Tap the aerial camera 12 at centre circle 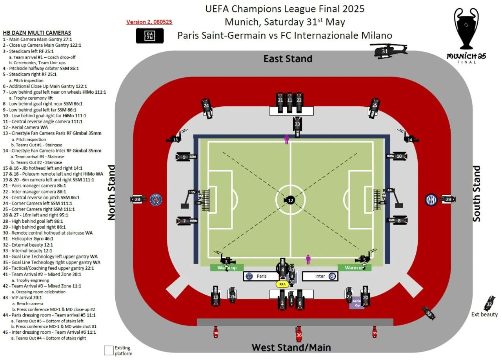point(291,200)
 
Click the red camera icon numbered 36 point(299,334)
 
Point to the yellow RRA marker point(282,284)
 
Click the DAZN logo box point(150,36)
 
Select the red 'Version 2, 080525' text point(149,22)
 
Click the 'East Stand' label point(288,59)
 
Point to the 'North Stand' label point(112,192)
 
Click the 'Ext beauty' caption point(484,314)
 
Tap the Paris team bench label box point(261,276)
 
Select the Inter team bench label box point(320,276)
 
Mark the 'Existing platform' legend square point(109,350)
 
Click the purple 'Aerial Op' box point(357,302)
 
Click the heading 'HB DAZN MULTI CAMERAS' point(37,33)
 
